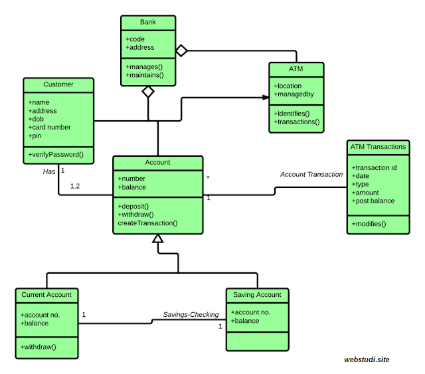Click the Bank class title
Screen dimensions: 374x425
tap(147, 22)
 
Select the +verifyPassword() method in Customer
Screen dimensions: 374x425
tap(56, 155)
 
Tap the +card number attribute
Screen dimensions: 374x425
tap(49, 127)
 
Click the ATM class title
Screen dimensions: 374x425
tap(296, 68)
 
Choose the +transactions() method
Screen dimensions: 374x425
tap(297, 122)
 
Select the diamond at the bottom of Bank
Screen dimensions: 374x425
tap(147, 92)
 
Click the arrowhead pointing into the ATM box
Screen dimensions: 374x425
tap(264, 97)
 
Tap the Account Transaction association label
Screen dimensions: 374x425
tap(311, 174)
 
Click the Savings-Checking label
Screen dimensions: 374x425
tap(191, 315)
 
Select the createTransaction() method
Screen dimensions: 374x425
tap(147, 223)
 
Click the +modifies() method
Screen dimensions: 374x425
tap(369, 225)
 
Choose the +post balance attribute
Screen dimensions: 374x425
tap(373, 201)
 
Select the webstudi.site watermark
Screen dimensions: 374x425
tap(367, 359)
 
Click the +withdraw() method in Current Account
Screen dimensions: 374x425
tap(39, 346)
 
